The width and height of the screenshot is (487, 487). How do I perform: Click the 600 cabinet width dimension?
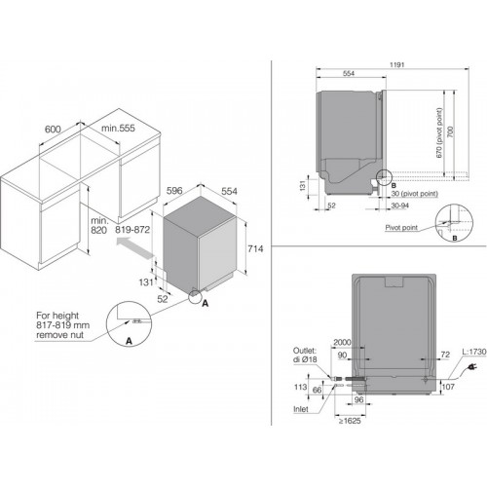click(x=53, y=130)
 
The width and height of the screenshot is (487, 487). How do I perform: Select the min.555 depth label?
click(x=118, y=129)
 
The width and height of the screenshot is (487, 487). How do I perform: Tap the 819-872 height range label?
click(x=132, y=230)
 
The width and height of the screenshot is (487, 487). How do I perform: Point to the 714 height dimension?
click(x=255, y=249)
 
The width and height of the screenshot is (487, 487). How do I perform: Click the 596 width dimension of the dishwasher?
click(x=174, y=191)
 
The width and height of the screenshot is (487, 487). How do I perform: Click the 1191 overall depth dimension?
click(x=397, y=65)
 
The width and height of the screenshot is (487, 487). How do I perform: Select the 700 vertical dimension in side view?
click(x=450, y=131)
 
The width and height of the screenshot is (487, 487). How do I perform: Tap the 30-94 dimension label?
click(x=400, y=206)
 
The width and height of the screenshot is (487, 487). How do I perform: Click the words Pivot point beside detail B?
click(x=401, y=228)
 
